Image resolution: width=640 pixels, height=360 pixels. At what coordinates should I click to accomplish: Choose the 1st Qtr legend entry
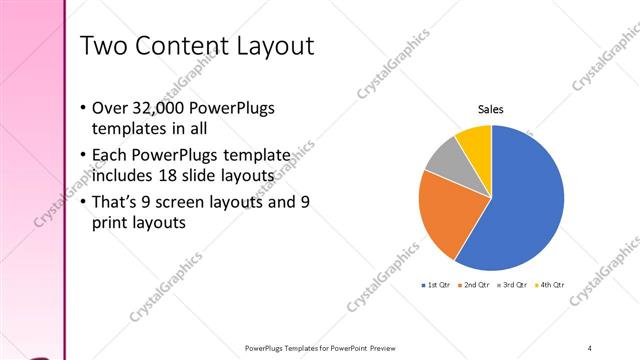coord(438,285)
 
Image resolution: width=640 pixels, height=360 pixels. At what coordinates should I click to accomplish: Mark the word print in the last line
coord(110,224)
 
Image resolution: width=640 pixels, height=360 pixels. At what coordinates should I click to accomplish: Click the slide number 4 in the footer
coord(590,347)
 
